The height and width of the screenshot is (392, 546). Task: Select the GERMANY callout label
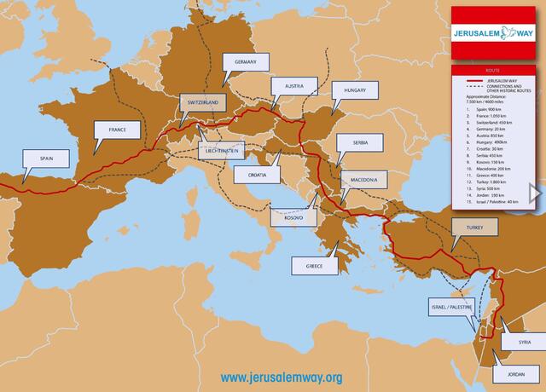pos(247,62)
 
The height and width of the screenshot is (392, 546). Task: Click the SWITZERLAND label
pos(203,102)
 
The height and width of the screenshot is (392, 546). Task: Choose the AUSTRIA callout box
pos(294,87)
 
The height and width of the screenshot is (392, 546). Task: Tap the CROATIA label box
pos(257,175)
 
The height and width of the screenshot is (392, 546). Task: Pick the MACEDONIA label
pos(364,180)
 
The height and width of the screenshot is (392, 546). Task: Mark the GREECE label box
pos(315,266)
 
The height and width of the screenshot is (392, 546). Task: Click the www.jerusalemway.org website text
pos(281,377)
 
